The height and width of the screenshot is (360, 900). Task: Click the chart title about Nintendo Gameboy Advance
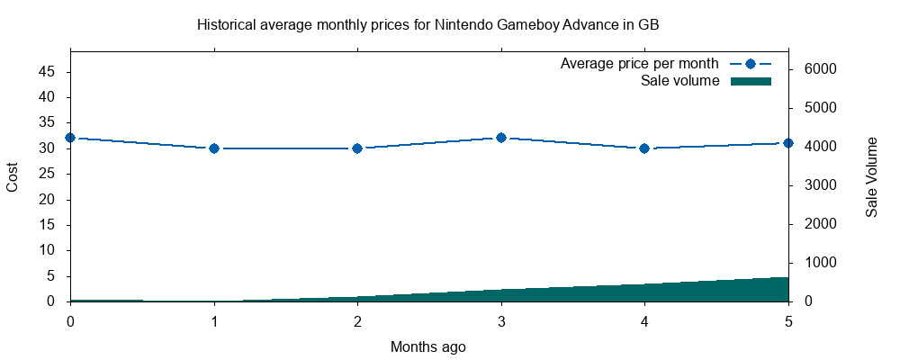(428, 25)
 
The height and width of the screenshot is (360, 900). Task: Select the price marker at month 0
(70, 138)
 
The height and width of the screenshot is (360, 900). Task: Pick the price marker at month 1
(214, 148)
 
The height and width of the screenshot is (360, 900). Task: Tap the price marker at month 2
(357, 148)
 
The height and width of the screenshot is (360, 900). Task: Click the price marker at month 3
(501, 138)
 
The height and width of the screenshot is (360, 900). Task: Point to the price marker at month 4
(644, 148)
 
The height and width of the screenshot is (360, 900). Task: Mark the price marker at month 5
(788, 143)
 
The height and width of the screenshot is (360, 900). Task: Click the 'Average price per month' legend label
(639, 64)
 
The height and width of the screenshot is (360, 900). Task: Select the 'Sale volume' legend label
(679, 81)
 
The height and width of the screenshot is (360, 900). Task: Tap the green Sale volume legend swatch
(751, 81)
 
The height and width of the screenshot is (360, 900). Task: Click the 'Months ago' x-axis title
(428, 346)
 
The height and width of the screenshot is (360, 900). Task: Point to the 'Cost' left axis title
(13, 177)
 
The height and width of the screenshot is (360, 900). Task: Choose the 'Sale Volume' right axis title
(871, 177)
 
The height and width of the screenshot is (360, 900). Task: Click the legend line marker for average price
(751, 64)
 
